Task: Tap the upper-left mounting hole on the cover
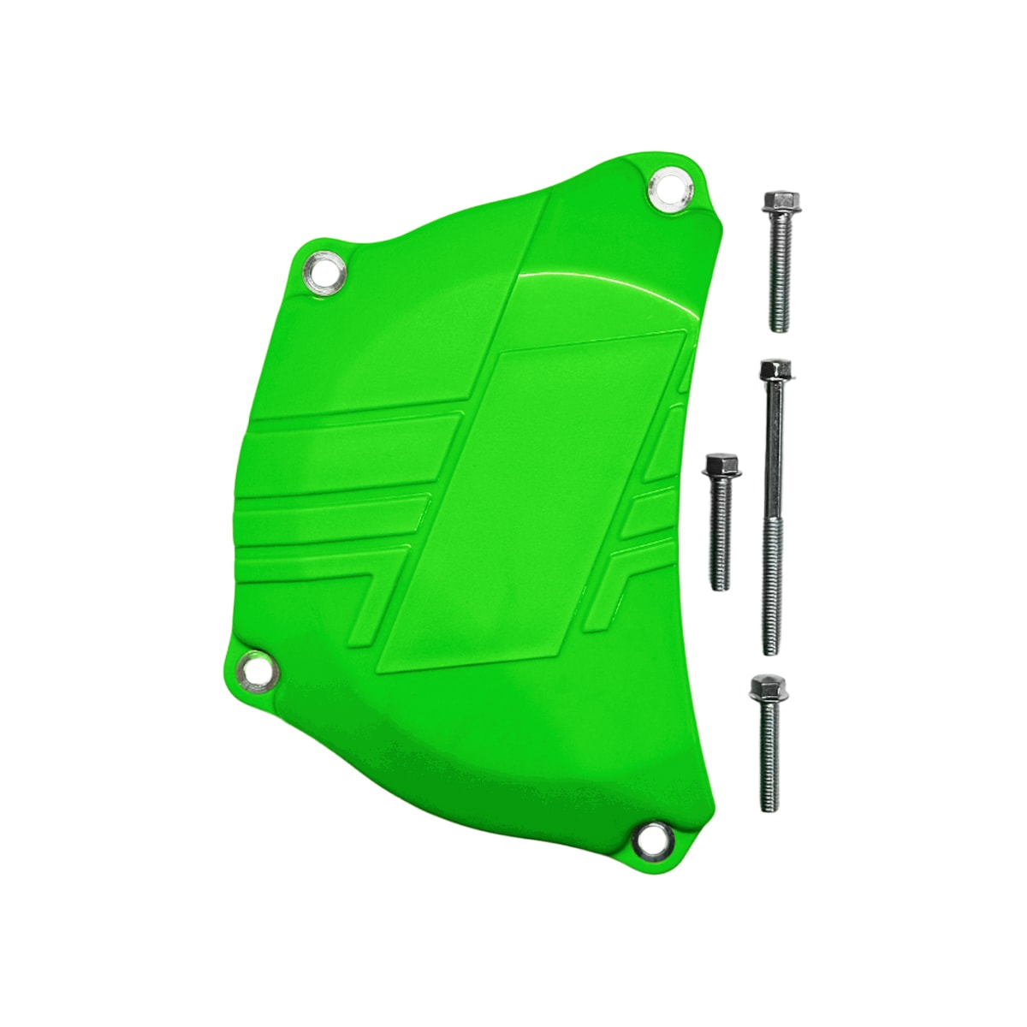coord(325,272)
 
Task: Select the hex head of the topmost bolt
coord(775,203)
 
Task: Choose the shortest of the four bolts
coord(721,522)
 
